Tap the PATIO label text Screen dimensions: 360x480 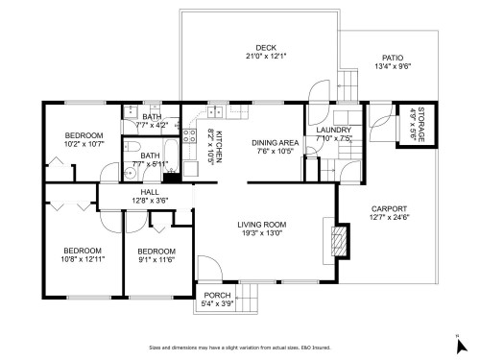pos(392,58)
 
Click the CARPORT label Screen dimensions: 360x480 pos(389,208)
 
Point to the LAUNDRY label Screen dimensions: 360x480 pos(333,130)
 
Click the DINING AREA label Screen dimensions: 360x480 pos(272,143)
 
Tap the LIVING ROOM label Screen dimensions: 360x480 pos(262,225)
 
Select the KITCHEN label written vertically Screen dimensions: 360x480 pos(219,143)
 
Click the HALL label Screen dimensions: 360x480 pos(150,192)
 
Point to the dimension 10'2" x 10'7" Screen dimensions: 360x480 pos(83,144)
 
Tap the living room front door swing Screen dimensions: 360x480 pos(208,268)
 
